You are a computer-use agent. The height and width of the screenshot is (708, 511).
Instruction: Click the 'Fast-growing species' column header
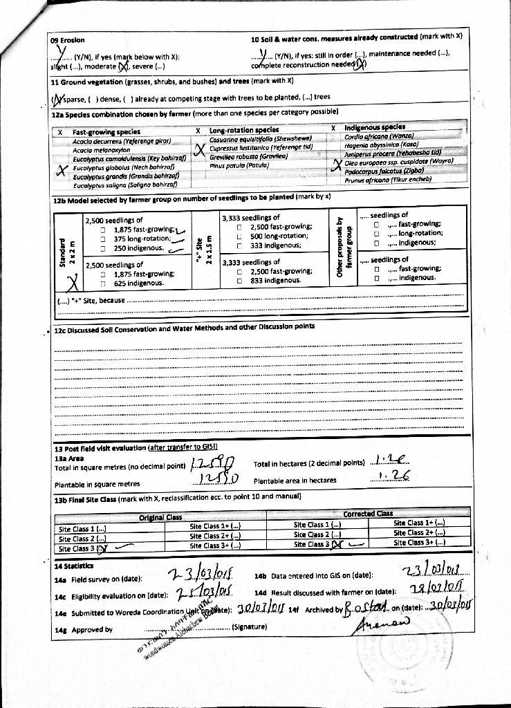point(106,131)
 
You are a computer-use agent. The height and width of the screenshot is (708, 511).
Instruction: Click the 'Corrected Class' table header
point(368,514)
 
